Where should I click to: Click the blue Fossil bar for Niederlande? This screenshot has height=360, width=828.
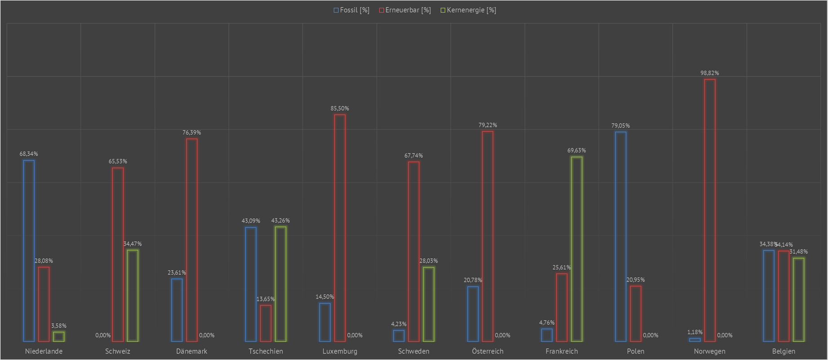coord(29,251)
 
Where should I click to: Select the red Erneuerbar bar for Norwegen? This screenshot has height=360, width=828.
coord(710,210)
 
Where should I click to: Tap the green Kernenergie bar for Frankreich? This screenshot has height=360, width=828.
coord(576,249)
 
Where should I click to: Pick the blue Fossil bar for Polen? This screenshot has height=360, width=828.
coord(620,236)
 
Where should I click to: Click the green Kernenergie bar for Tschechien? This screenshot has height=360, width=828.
coord(280,284)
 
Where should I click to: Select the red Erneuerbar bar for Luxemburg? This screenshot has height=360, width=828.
coord(340,228)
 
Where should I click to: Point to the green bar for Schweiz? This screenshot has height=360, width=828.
coord(133,296)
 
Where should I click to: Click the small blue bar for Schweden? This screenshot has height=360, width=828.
coord(399,336)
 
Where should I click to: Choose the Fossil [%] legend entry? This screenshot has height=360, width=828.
coord(351,10)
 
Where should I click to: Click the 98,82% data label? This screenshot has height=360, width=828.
coord(709,73)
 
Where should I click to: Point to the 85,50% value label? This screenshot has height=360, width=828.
coord(340,108)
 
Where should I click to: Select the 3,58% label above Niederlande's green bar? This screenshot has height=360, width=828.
coord(59,326)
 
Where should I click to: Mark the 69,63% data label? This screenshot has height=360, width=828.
coord(576,151)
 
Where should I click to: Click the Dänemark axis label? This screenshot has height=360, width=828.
coord(192,351)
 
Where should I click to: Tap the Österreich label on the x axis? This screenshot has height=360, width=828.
coord(487,351)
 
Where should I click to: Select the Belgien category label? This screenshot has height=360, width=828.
coord(784,351)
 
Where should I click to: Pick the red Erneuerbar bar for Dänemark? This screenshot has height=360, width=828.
coord(192,240)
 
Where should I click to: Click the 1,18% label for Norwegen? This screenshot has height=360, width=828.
coord(695,332)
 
